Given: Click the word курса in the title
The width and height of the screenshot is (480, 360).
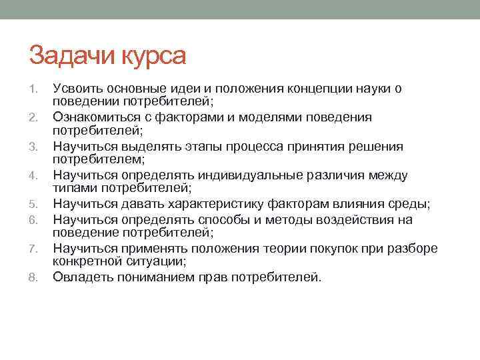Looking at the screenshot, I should [x=153, y=57].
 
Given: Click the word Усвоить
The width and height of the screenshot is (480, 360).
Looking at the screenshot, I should [x=77, y=88].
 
